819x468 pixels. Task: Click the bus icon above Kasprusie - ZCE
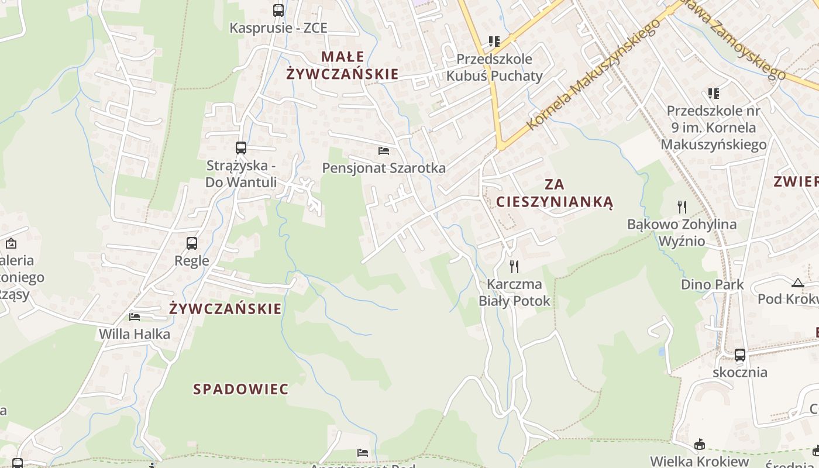(278, 10)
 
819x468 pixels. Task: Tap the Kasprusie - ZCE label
(278, 28)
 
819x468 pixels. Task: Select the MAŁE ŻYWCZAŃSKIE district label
(342, 66)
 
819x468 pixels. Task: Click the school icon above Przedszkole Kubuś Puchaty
(494, 41)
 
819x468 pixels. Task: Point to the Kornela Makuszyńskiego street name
(593, 74)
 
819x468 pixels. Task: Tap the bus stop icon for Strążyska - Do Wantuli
(241, 147)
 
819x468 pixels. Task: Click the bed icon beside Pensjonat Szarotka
(384, 151)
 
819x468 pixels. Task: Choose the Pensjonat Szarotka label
(384, 168)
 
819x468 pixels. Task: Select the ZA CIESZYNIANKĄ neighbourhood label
(555, 193)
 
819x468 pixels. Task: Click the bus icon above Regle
(192, 243)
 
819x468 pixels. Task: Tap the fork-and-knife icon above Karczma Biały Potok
(514, 267)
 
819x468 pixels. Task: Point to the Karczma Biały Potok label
(515, 292)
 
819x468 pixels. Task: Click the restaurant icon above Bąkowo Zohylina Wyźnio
(682, 206)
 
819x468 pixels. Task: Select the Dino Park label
(712, 285)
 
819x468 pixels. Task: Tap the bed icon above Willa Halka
(135, 317)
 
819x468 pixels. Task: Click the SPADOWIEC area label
(241, 389)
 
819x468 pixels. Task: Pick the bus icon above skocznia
(740, 355)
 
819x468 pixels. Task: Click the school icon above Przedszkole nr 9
(713, 93)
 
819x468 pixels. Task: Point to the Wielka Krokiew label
(699, 462)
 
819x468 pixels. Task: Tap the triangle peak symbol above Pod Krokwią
(797, 283)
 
